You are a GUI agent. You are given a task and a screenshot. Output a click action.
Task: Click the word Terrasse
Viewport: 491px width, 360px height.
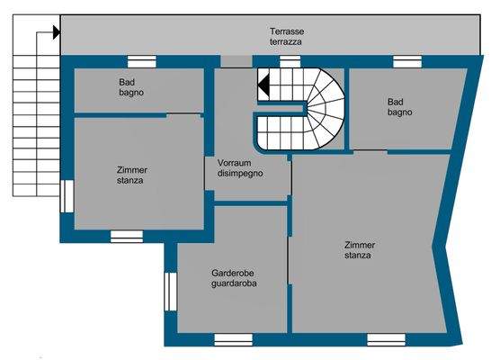click(x=287, y=31)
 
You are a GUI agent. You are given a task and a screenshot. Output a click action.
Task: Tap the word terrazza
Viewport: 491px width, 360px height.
click(x=286, y=41)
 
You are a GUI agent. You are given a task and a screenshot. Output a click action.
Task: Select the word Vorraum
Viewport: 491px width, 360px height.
click(x=234, y=163)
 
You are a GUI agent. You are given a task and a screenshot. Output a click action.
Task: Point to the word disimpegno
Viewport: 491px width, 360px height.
click(x=240, y=174)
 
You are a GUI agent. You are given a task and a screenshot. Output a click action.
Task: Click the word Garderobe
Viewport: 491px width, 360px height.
click(x=233, y=273)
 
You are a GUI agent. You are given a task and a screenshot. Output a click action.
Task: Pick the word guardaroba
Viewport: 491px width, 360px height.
click(x=234, y=283)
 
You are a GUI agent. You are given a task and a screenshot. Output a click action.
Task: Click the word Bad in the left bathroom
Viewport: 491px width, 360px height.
click(x=127, y=82)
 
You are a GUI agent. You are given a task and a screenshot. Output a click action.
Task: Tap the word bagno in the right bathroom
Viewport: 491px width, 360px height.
click(x=399, y=112)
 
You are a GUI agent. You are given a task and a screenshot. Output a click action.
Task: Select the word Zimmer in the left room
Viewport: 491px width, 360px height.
click(x=132, y=170)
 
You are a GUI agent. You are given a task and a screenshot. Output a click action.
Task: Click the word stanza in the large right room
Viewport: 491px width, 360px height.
click(x=358, y=256)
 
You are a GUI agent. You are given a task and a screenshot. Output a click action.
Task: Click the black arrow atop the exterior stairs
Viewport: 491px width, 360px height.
click(x=57, y=32)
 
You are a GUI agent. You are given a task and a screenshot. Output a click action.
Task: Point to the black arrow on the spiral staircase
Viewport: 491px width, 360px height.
click(x=263, y=85)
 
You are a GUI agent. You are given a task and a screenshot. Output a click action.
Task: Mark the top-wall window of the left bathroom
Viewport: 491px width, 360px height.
click(x=142, y=62)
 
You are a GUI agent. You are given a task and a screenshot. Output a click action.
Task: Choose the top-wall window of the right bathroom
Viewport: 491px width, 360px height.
click(x=407, y=62)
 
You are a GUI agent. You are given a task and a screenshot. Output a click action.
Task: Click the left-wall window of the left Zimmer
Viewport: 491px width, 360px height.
click(x=67, y=196)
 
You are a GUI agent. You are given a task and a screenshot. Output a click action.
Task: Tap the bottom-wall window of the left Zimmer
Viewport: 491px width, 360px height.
click(x=127, y=237)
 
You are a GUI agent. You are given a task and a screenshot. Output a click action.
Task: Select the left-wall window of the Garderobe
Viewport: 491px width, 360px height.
click(x=171, y=292)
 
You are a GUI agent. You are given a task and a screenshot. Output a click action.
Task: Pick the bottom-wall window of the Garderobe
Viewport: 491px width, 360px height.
click(x=233, y=339)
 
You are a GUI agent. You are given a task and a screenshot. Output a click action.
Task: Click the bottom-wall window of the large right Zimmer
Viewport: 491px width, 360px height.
click(x=386, y=339)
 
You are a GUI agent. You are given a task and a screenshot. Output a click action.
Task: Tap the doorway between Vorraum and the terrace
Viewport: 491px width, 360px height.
click(x=237, y=61)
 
